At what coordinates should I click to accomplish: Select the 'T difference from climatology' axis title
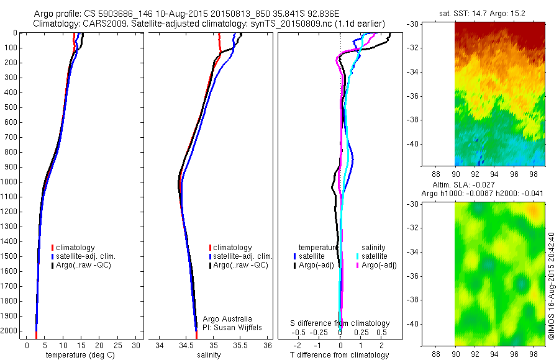(x=340, y=356)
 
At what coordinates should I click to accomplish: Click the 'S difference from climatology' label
(x=340, y=323)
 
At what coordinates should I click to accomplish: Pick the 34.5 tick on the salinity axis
(x=187, y=345)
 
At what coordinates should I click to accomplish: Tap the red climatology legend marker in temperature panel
(x=53, y=248)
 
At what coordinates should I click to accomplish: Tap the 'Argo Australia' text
(x=227, y=319)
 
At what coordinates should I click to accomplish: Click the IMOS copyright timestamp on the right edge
(x=551, y=286)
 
